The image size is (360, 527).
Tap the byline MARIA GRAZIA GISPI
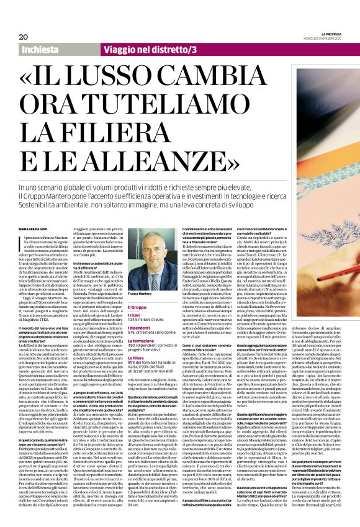point(34,213)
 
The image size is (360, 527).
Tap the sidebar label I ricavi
point(134,298)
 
